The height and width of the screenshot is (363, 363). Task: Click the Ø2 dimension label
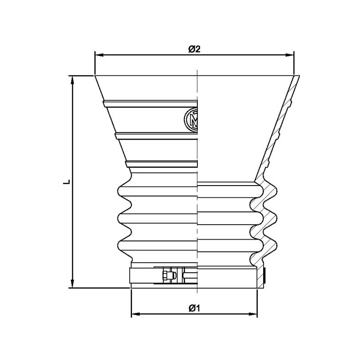click(x=194, y=49)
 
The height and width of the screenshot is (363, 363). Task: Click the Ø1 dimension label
click(x=194, y=308)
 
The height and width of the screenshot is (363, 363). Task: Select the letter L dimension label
click(x=67, y=182)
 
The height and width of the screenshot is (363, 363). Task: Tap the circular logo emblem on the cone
click(x=191, y=119)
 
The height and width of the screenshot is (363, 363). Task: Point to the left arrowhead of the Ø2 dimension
click(x=99, y=55)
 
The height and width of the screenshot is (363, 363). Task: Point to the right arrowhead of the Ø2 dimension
click(x=289, y=55)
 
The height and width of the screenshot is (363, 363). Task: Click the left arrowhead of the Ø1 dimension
click(x=136, y=314)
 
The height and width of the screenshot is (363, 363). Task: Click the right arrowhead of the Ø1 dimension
click(x=253, y=314)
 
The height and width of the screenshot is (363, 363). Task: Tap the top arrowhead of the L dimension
click(x=73, y=80)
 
